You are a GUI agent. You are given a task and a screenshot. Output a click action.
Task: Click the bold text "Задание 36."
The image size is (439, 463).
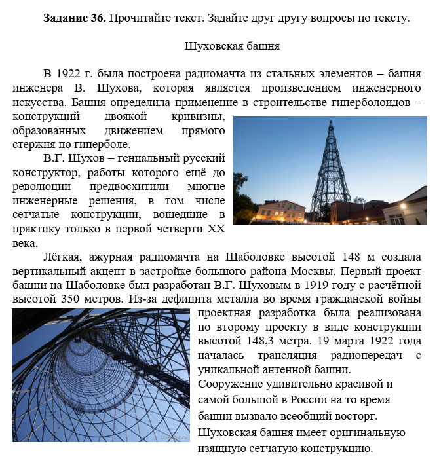pyautogui.click(x=75, y=18)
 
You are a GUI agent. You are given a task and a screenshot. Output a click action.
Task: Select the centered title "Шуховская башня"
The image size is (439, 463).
pyautogui.click(x=233, y=46)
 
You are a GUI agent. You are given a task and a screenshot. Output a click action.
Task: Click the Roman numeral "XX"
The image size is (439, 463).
pyautogui.click(x=216, y=229)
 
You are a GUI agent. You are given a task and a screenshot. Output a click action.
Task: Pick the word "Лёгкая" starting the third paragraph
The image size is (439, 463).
pyautogui.click(x=64, y=257)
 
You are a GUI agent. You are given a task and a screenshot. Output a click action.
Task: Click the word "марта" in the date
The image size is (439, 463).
pyautogui.click(x=327, y=341)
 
